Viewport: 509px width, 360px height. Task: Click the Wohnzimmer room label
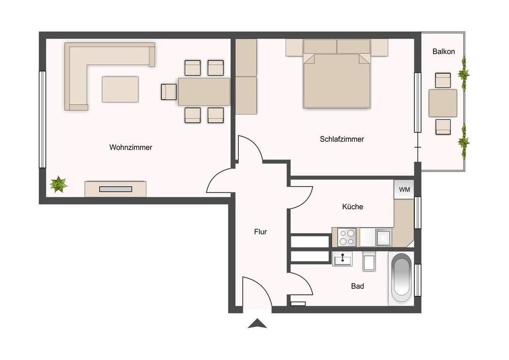coord(130,147)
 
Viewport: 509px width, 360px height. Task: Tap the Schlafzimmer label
coord(342,139)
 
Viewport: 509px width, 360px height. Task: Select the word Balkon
coord(443,51)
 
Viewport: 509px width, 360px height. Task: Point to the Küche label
coord(353,206)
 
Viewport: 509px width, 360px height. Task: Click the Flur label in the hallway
coord(260,232)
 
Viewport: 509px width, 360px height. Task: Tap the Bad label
coord(357,286)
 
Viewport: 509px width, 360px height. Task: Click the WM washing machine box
coord(404,189)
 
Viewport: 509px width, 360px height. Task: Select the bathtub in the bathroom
coord(402,279)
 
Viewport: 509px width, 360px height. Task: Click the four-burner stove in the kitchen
coord(347,237)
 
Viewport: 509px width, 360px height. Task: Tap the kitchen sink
coord(383,237)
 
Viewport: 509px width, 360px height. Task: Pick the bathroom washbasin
coord(342,259)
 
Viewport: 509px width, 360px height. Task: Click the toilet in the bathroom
coord(369,261)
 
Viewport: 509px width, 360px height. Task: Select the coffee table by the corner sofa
coord(120,89)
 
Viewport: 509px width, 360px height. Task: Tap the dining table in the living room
coord(204,92)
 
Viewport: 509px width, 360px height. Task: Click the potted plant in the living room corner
coord(59,184)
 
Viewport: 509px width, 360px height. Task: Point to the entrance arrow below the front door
coord(258,324)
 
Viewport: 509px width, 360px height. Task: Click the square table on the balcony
coord(443,103)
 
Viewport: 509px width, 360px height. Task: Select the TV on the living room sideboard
coord(116,189)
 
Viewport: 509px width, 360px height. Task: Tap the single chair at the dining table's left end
coord(169,92)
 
